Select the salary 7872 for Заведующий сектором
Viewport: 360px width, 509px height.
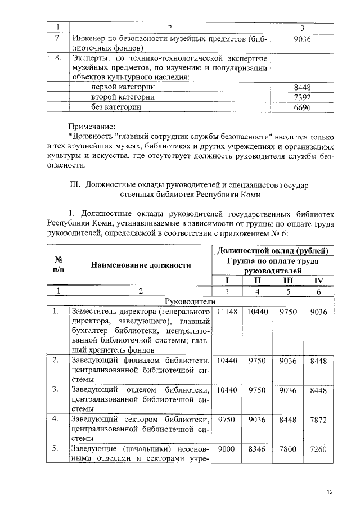point(318,420)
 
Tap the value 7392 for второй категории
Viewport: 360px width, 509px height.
point(302,97)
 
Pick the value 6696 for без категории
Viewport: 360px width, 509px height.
point(302,107)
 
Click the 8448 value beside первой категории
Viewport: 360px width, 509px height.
point(302,87)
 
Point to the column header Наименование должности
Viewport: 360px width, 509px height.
point(142,265)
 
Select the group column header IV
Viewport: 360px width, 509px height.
point(318,281)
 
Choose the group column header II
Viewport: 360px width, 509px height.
point(257,281)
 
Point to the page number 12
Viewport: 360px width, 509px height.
point(330,493)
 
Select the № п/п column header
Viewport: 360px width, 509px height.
point(57,265)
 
